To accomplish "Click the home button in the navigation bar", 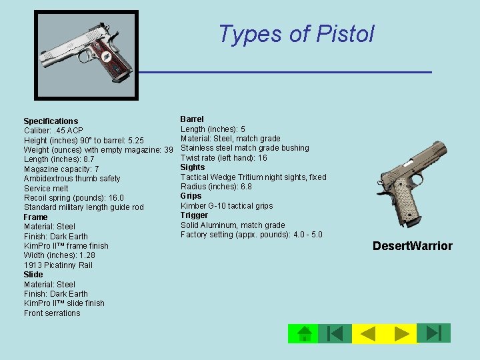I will (x=303, y=333).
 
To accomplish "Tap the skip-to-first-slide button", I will (x=335, y=333).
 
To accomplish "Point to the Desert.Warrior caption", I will (x=412, y=246).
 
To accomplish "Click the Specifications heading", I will (x=51, y=121).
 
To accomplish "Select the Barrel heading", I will (x=192, y=119).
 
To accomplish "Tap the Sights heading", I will (x=193, y=167).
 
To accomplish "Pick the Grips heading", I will (x=191, y=196).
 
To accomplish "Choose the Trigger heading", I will (x=194, y=215).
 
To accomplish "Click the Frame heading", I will (x=35, y=217).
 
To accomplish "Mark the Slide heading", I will (x=33, y=275).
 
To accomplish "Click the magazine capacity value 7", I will (x=97, y=169).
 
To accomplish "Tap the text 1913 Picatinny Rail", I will (x=58, y=265).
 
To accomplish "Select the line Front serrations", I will (x=52, y=313).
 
